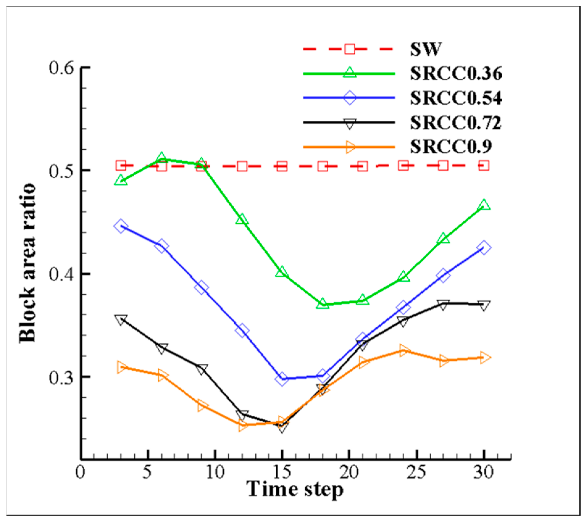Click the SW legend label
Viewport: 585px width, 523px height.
tap(426, 49)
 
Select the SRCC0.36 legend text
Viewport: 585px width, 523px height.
tap(456, 74)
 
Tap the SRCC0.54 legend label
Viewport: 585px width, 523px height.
tap(456, 98)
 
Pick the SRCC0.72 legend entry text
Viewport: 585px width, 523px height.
tap(456, 123)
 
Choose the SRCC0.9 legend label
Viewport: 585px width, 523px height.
tap(451, 147)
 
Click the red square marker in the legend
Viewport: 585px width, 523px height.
tap(350, 49)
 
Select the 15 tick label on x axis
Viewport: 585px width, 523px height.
tap(282, 472)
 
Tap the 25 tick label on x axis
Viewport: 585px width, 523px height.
tap(416, 472)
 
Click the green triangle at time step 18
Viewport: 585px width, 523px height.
tap(323, 304)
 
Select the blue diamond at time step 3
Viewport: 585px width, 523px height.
tap(121, 226)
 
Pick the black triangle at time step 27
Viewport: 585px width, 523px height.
tap(443, 305)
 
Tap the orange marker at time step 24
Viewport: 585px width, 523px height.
tap(403, 351)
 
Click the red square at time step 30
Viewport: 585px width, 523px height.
tap(484, 166)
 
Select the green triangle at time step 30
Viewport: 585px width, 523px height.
tap(484, 205)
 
